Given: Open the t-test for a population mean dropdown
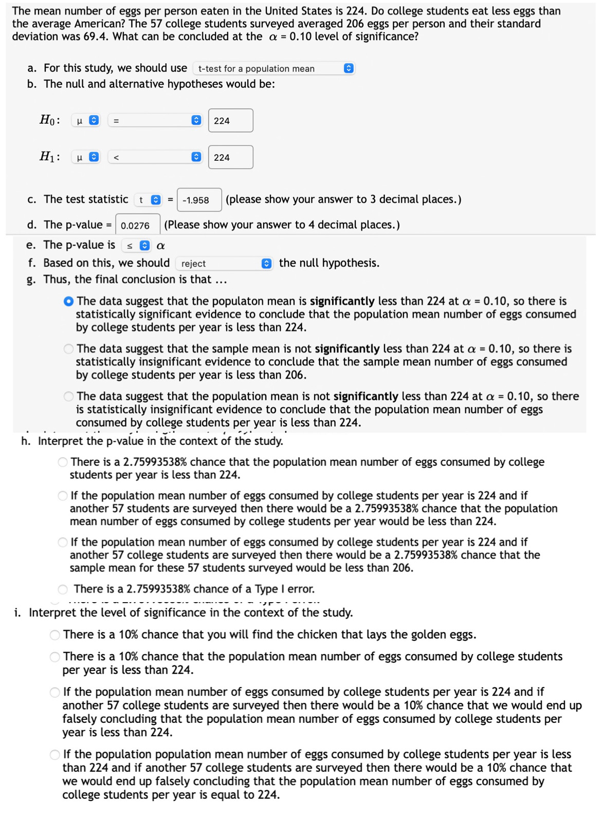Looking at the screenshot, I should (273, 68).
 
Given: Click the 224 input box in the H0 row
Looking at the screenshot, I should (230, 121).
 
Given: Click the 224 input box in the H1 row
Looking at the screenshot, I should (230, 157).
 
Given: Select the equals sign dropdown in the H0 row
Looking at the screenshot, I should (154, 121).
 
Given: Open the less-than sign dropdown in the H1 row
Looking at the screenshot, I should (154, 157).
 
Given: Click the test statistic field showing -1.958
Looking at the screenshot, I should (199, 200).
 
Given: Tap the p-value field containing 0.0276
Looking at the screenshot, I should (137, 225).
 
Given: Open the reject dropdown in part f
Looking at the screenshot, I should (224, 264).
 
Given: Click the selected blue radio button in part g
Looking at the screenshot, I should (68, 302).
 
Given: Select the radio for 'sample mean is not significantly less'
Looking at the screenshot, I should (68, 349).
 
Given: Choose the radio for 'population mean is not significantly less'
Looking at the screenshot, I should (68, 397).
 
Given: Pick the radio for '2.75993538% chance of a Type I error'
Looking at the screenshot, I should (63, 589).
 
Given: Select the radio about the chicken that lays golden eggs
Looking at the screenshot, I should (55, 635).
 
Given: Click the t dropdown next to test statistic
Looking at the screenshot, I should (148, 200).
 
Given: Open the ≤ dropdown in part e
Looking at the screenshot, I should (136, 246).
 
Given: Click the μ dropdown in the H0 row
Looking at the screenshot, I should (85, 121).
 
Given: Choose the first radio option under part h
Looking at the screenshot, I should (63, 462).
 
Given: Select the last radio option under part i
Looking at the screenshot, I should (55, 755).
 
